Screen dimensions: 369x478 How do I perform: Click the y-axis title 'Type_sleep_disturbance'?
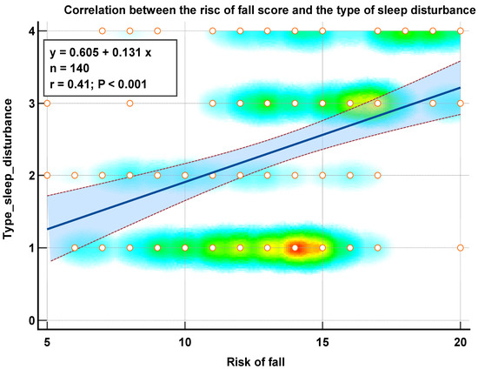(10, 175)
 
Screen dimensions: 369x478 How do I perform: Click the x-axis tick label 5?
(47, 342)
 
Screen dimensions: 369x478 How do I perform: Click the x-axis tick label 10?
(184, 342)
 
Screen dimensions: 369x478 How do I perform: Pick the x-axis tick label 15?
(322, 342)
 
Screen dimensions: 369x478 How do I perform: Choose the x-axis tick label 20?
(459, 342)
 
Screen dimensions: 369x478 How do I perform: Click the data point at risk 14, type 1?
(295, 248)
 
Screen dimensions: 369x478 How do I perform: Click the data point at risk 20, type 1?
(460, 248)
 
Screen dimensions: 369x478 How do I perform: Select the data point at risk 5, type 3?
(47, 104)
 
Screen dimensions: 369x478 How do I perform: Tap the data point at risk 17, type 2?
(377, 176)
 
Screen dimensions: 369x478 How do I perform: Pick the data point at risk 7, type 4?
(103, 31)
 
